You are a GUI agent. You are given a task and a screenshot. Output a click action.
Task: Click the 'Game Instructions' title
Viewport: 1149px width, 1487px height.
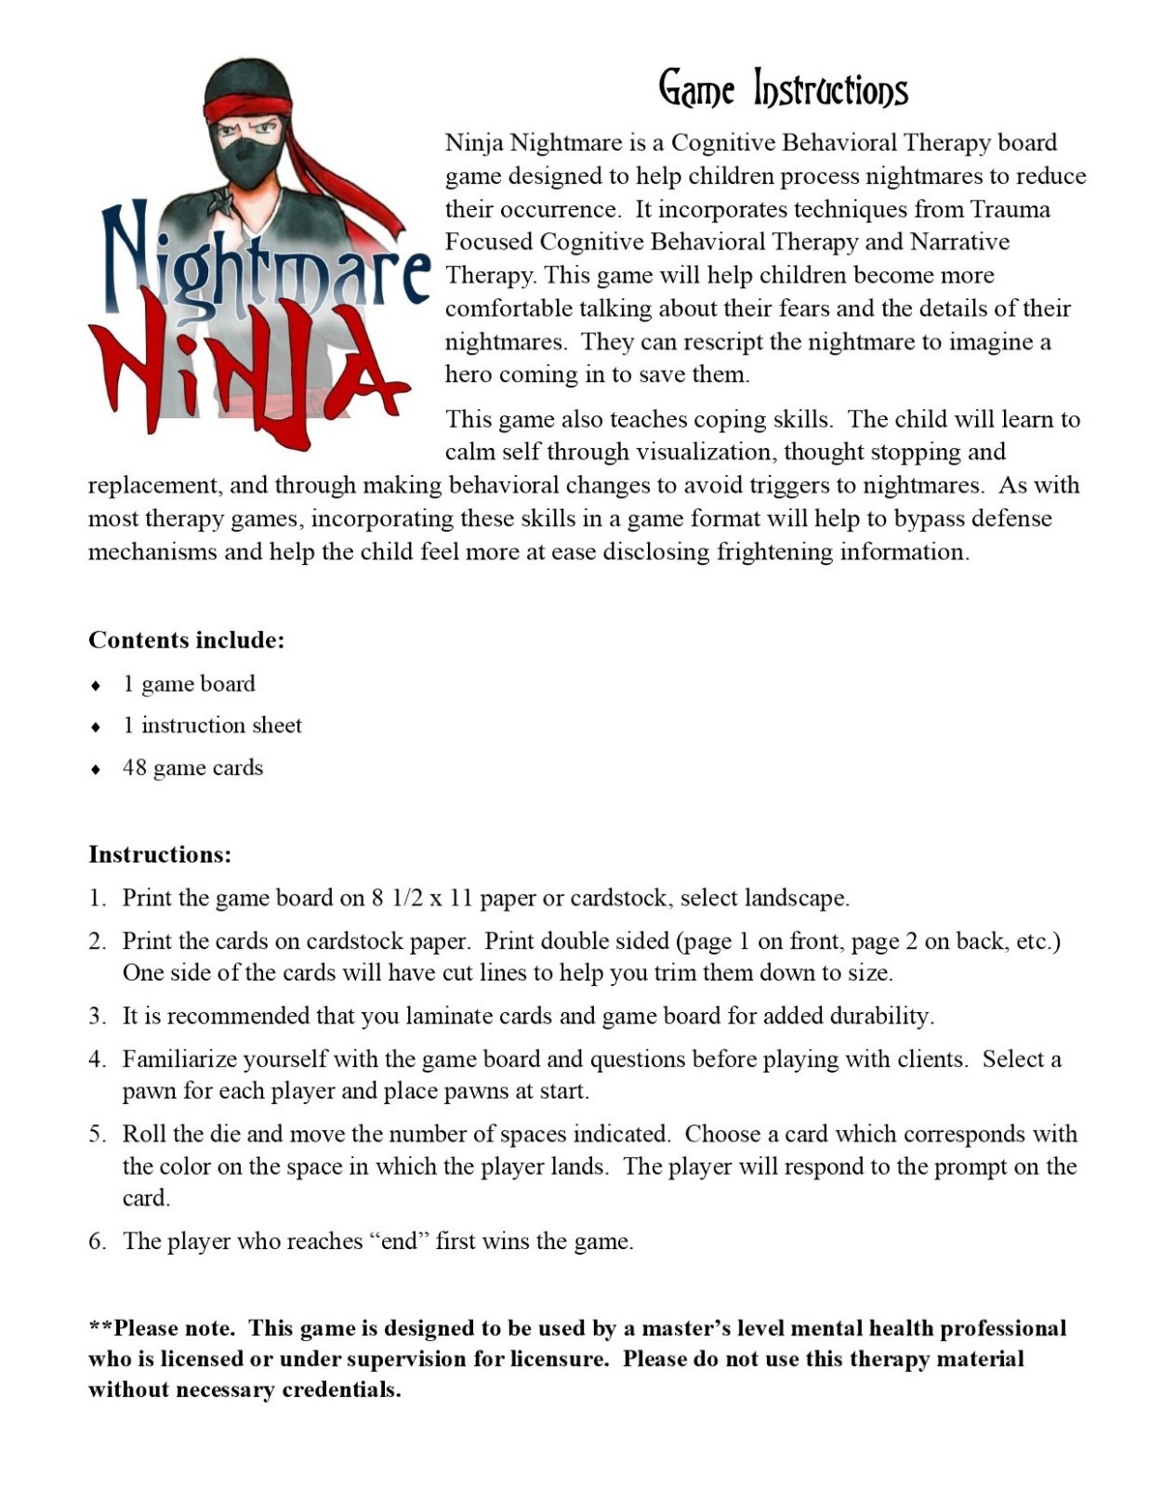[x=783, y=89]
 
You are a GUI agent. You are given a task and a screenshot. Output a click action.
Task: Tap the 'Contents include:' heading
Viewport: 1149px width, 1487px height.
[x=186, y=640]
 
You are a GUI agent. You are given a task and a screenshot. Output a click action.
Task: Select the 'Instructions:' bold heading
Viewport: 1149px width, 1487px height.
[x=160, y=854]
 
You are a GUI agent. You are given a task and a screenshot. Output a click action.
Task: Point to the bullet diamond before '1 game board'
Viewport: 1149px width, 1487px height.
[x=96, y=686]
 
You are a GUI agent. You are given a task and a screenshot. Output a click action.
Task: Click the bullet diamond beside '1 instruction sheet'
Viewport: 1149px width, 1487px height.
[x=96, y=727]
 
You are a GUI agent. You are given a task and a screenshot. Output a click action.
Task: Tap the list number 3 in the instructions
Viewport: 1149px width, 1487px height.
[x=97, y=1016]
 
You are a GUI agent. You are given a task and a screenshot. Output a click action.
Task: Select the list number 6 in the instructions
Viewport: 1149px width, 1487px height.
[x=97, y=1242]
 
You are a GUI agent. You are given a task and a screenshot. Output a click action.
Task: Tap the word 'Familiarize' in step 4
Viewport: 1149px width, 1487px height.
[x=181, y=1059]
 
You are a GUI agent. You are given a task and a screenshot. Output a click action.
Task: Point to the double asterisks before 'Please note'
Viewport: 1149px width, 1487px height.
[x=100, y=1327]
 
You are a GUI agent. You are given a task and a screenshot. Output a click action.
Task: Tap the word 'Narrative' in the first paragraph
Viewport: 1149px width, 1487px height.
[x=959, y=243]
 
